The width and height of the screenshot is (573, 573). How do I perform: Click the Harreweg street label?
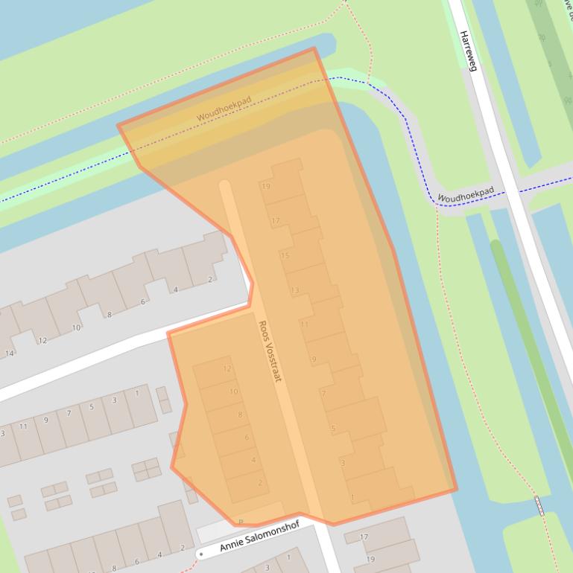[x=466, y=51]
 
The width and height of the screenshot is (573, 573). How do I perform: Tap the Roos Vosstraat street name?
[x=269, y=351]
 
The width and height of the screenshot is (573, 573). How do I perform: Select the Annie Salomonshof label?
[x=253, y=542]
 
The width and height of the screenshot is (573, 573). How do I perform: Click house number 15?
[x=285, y=255]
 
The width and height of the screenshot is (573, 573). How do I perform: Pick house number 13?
[x=295, y=290]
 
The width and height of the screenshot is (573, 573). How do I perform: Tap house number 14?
[x=10, y=353]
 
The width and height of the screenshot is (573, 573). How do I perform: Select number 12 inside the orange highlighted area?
[x=227, y=369]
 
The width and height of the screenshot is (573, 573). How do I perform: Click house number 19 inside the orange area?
[x=266, y=187]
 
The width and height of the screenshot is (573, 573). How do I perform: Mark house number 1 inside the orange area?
[x=352, y=497]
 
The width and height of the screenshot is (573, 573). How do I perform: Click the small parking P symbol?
[x=241, y=521]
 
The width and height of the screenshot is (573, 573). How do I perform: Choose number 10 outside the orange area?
[x=76, y=327]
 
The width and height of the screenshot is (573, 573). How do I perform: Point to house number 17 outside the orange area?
[x=364, y=537]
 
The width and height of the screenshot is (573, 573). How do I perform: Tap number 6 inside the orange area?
[x=247, y=438]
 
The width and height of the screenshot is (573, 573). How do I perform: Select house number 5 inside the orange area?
[x=332, y=428]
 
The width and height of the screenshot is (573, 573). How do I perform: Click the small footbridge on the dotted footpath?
[x=539, y=506]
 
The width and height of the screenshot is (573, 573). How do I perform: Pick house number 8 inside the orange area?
[x=240, y=414]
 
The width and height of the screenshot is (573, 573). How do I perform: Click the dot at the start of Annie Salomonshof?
[x=201, y=554]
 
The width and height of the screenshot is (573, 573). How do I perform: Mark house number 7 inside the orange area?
[x=323, y=393]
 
